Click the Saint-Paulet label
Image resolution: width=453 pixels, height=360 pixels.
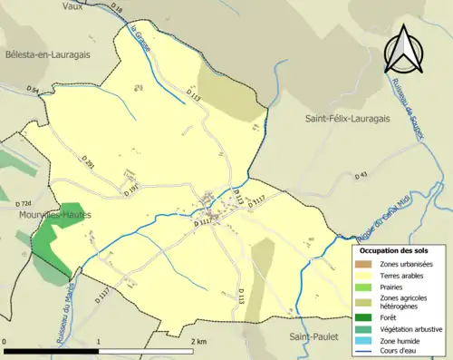click(x=313, y=336)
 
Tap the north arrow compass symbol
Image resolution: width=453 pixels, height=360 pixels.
click(x=405, y=49)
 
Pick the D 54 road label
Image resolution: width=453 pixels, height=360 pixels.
click(x=34, y=91)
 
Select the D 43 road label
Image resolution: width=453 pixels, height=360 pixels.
click(x=361, y=174)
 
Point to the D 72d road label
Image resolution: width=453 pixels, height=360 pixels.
click(x=24, y=204)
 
